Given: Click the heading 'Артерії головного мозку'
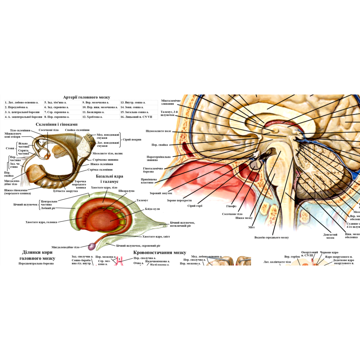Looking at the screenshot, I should click(x=86, y=97).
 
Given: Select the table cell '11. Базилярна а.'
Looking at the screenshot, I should click(x=93, y=112).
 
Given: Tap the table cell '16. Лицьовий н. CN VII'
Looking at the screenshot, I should click(x=136, y=117).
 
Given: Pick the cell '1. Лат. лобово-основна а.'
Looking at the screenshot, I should click(x=22, y=102).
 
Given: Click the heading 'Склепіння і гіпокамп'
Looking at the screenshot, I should click(x=57, y=124).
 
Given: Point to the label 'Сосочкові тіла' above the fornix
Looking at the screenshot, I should click(x=49, y=130).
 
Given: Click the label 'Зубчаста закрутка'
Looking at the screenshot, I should click(x=65, y=191).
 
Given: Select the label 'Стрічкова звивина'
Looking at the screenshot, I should click(x=105, y=160).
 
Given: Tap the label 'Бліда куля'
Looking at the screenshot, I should click(x=152, y=209).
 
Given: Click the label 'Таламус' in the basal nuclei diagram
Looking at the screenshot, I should click(x=142, y=200).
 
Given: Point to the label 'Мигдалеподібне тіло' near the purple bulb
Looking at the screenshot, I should click(x=65, y=247).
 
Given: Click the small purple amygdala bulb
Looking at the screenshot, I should click(x=92, y=247).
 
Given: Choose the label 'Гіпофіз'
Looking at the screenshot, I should click(x=231, y=206).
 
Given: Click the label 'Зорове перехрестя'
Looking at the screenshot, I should click(x=179, y=200).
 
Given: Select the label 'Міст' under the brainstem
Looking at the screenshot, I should click(x=251, y=227).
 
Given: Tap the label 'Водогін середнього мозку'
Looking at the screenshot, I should click(x=271, y=237).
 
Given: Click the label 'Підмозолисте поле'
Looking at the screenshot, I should click(x=158, y=131).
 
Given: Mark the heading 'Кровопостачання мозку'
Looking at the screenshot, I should click(x=160, y=253).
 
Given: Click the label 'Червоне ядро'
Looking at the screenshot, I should click(x=329, y=253).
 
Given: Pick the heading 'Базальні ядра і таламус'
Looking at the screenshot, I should click(x=109, y=179).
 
